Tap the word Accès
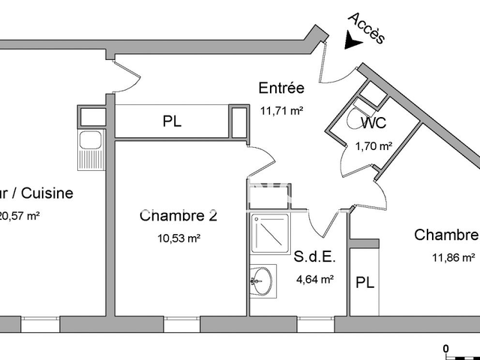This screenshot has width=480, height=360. point(368,28)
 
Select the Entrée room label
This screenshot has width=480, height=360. point(280,88)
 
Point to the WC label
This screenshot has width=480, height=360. point(374,124)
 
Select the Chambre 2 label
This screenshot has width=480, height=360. point(178,217)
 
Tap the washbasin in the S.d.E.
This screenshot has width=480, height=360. point(261,282)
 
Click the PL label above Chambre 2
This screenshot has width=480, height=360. point(172,121)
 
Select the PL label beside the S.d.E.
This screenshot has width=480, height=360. point(365,283)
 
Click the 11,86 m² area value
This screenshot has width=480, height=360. point(454,257)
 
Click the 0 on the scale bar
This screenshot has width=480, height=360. point(445,348)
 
